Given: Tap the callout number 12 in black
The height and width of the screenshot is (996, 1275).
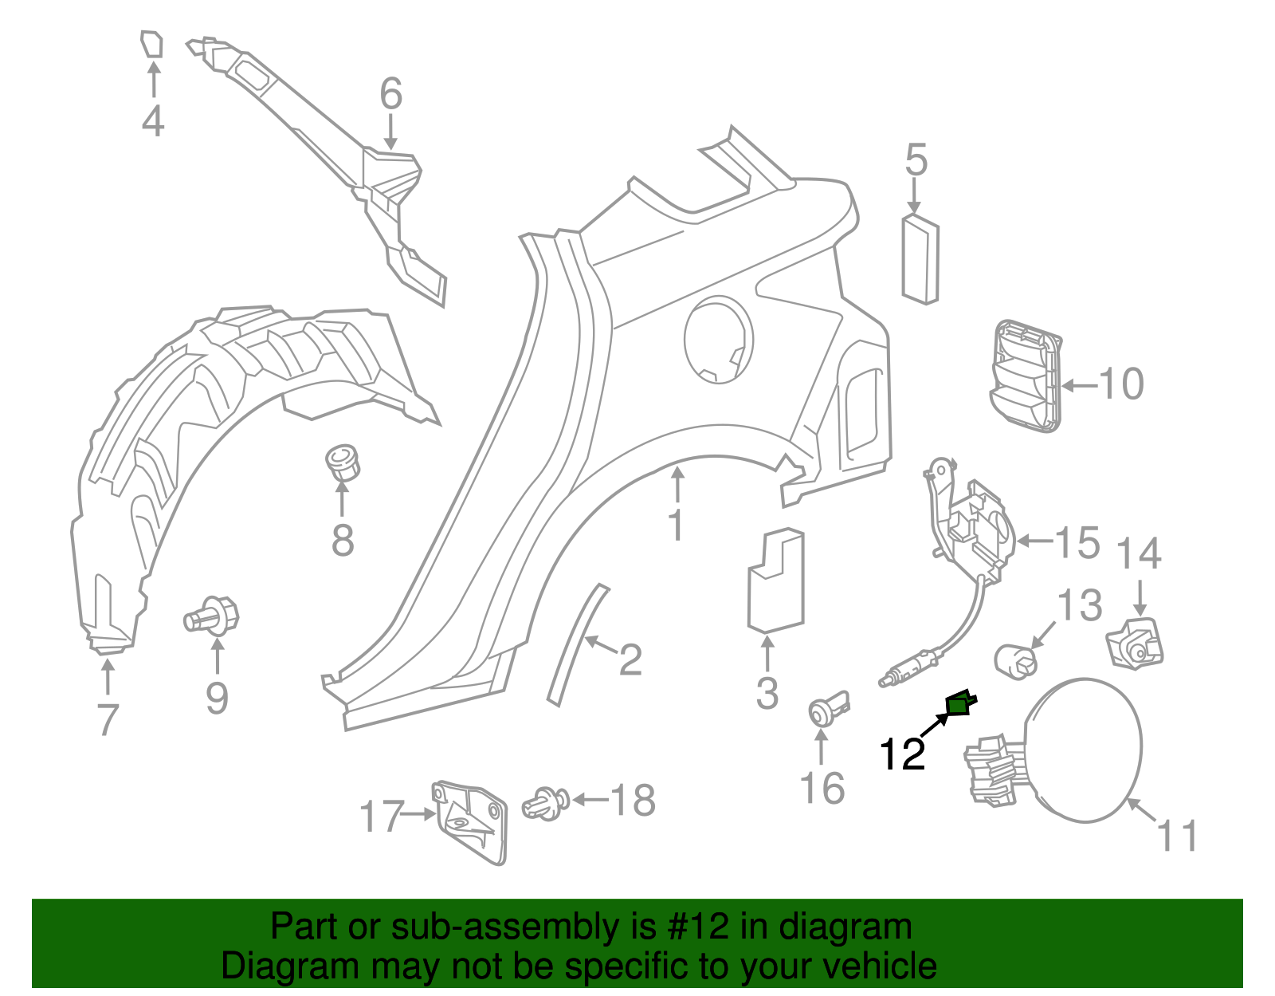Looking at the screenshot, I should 902,754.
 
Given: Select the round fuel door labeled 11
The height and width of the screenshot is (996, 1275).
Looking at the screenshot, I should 1084,750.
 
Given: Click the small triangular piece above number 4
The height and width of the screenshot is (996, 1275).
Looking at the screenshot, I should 151,45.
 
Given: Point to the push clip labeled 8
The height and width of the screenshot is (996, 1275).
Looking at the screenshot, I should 343,463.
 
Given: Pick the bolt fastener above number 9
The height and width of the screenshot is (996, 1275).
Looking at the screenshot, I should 214,616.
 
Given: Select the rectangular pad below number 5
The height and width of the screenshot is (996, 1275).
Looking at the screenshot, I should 920,260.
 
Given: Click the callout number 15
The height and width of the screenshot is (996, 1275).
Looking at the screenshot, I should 1077,543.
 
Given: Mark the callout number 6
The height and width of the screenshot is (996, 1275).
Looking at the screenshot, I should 390,94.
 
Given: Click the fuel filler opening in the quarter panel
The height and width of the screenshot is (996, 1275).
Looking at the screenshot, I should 718,340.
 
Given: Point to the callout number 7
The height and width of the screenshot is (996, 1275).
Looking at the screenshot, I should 107,719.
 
